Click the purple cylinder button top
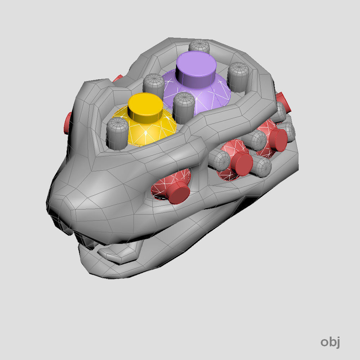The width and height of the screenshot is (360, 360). coord(196,70)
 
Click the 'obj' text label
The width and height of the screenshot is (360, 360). coord(330,342)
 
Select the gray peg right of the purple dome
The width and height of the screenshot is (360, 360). coord(239,77)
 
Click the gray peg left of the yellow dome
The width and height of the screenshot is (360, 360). coord(117,134)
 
